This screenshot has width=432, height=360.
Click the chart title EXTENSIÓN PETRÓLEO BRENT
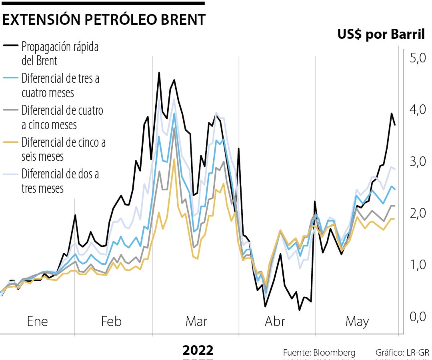coord(104,20)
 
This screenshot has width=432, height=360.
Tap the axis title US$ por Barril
coord(381,35)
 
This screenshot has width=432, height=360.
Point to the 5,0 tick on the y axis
coord(417,58)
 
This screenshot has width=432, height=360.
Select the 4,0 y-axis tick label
coord(417,110)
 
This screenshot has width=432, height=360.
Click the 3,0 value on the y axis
coord(417,162)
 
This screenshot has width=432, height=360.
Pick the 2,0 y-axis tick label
coord(417,214)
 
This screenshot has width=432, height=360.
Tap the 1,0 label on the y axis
coord(417,265)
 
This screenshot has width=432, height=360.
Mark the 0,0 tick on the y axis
coord(417,317)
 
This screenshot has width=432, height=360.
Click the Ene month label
coord(37,322)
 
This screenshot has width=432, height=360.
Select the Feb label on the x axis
coord(111,322)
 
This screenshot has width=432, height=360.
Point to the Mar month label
coord(196,322)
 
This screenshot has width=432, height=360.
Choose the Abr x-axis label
coord(275,322)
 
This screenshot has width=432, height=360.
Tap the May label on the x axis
coord(357,322)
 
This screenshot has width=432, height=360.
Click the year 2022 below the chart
coord(198,350)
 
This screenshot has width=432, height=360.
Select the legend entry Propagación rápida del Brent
coord(60,54)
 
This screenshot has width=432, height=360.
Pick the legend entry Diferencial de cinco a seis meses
coord(63,149)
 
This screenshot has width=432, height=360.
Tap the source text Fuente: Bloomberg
coord(319,353)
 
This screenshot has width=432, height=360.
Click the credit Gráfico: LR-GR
coord(402,353)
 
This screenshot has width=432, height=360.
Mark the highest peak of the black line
coord(159,73)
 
